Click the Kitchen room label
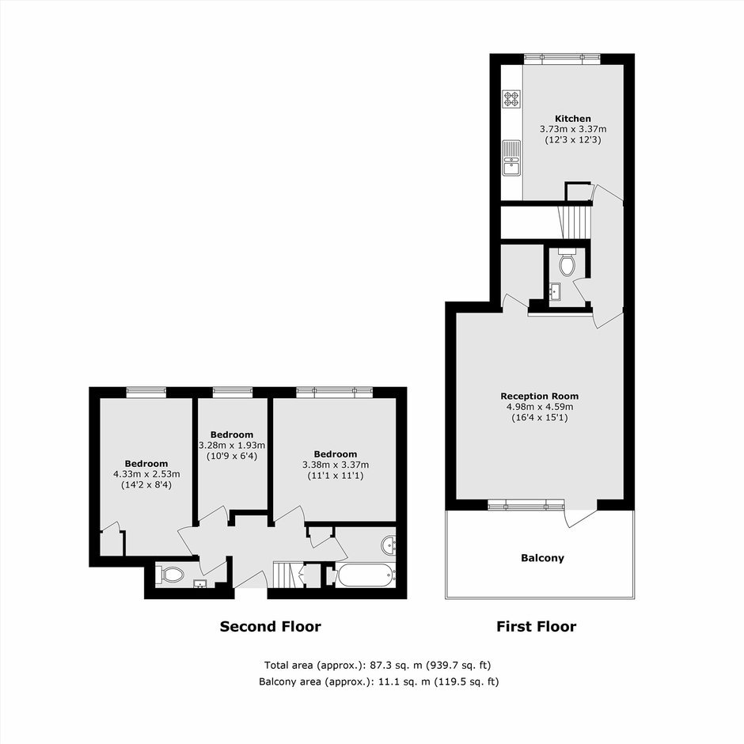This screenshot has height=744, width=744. coord(573,119)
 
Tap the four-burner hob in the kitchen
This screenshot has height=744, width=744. coord(511,99)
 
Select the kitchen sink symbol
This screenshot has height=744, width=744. coord(511,158)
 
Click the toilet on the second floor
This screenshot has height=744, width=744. coord(172,575)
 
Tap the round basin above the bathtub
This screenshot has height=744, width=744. coord(389,545)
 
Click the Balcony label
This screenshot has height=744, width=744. coord(542,558)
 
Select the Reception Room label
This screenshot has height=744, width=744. coord(540,397)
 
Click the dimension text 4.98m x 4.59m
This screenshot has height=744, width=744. coord(540,407)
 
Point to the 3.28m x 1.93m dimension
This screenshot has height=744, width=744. coord(232,446)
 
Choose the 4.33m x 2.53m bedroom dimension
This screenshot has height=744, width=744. coord(146,474)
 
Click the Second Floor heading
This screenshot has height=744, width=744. coord(271,627)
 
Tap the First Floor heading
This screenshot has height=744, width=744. coord(536,627)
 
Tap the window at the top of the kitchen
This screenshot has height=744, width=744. coord(562,59)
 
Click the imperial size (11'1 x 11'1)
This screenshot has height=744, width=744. coord(336,476)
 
